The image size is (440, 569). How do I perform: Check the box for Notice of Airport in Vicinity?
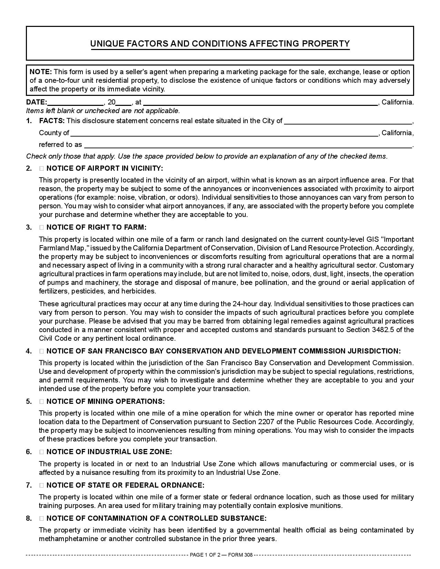pos(41,169)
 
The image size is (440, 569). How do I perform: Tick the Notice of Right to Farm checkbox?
pos(41,228)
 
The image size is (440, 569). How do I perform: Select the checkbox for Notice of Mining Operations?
pos(41,402)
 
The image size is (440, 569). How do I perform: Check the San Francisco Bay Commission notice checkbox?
pos(41,351)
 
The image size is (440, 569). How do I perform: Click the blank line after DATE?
pos(75,102)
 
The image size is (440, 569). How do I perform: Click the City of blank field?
pos(348,121)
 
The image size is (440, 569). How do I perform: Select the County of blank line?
pos(224,133)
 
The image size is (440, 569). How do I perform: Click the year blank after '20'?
pos(123,102)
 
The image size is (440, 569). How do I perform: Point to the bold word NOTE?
pos(41,72)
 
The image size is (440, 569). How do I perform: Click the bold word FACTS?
pos(52,121)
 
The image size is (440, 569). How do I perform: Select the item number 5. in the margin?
pos(29,402)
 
